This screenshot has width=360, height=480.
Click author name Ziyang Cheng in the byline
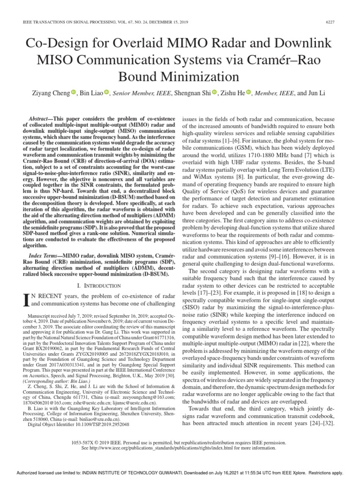[x=50, y=93]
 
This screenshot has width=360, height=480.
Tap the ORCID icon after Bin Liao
[x=106, y=92]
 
